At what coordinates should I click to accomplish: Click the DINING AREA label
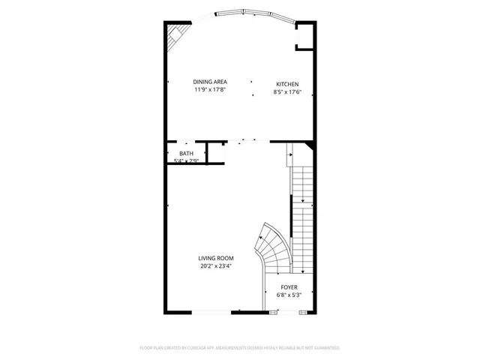(209, 82)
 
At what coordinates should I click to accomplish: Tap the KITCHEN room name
(287, 84)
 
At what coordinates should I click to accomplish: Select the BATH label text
(185, 153)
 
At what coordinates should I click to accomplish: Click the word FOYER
(289, 287)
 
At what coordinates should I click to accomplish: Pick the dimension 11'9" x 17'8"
(209, 90)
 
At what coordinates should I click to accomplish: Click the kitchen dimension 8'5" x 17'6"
(287, 91)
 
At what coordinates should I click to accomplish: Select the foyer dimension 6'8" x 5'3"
(289, 295)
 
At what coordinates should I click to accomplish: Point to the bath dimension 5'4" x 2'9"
(186, 160)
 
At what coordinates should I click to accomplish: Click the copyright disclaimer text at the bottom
(240, 348)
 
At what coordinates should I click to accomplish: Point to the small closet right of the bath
(216, 152)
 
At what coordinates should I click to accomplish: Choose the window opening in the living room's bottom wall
(214, 312)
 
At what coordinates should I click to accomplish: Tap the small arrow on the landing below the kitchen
(289, 158)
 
